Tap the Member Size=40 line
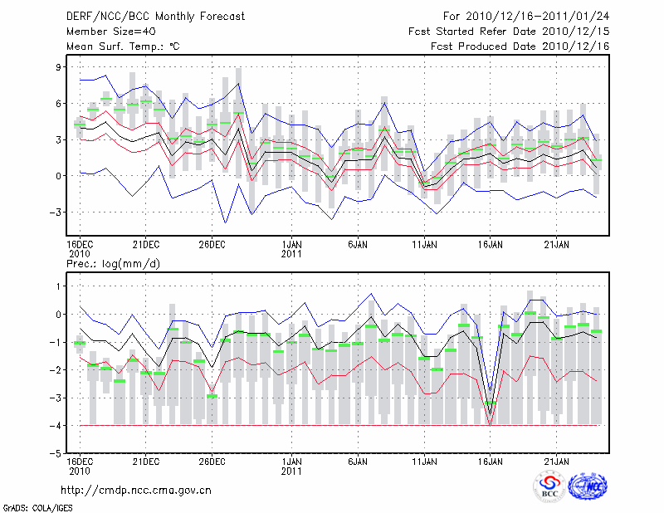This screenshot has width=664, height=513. (105, 31)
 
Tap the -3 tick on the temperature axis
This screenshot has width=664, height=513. (57, 213)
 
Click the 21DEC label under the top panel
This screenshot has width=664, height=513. (146, 244)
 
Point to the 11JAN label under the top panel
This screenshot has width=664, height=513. (424, 244)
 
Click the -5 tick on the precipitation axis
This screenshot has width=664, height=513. (57, 454)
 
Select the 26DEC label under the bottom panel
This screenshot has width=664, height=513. (212, 461)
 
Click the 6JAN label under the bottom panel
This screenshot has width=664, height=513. (358, 461)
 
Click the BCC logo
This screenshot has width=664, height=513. (549, 488)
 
